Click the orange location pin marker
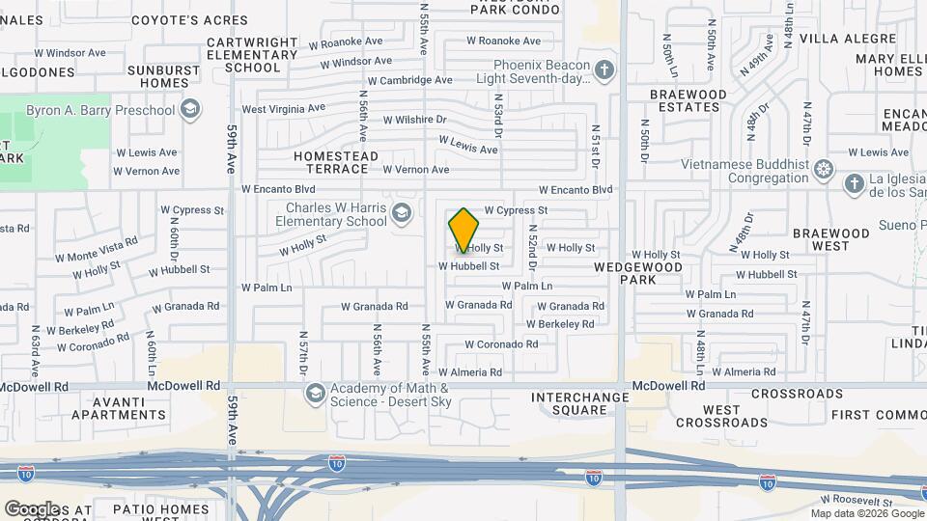click(x=463, y=230)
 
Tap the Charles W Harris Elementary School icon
click(x=401, y=214)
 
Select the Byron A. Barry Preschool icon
click(x=190, y=109)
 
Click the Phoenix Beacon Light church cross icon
click(x=604, y=70)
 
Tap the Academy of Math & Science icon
click(x=315, y=394)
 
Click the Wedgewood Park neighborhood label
click(x=637, y=273)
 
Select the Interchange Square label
click(x=570, y=403)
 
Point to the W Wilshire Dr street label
click(x=415, y=121)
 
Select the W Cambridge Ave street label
click(x=410, y=81)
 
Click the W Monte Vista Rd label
click(x=97, y=250)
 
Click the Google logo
click(x=32, y=508)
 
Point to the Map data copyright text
click(x=866, y=513)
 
